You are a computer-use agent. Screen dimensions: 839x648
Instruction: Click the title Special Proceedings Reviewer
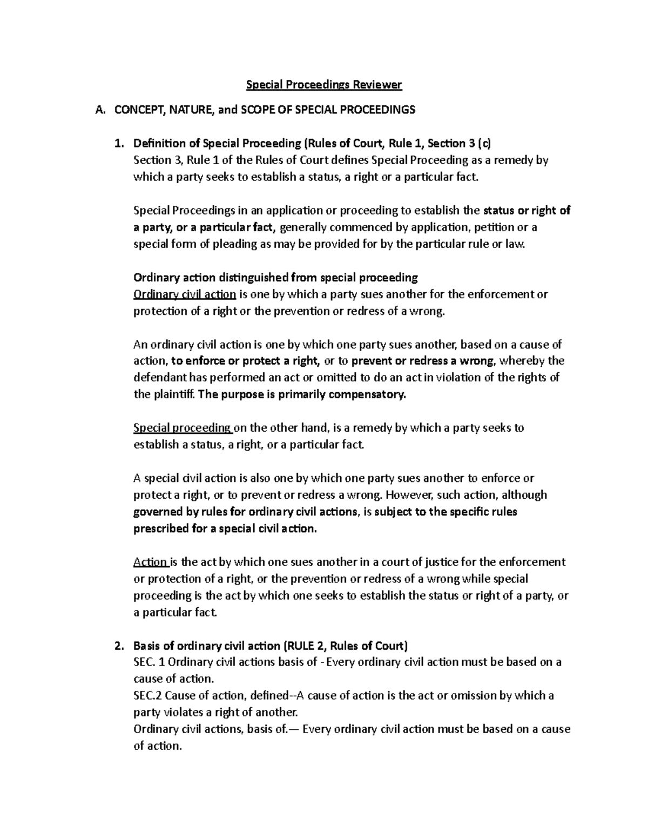point(324,84)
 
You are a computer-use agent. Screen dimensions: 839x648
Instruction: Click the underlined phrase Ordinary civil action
point(185,294)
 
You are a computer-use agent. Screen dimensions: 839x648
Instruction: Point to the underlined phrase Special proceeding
point(183,428)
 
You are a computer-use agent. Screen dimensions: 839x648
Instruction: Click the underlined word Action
point(151,562)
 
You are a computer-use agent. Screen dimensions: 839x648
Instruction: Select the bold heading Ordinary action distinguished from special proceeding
point(275,278)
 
